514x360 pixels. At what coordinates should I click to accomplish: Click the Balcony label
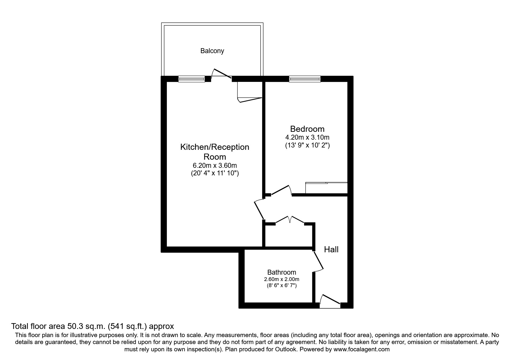point(212,51)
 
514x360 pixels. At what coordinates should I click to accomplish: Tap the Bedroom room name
point(307,129)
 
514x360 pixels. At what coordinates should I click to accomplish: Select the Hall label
point(331,249)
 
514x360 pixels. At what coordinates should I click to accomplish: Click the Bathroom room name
point(282,272)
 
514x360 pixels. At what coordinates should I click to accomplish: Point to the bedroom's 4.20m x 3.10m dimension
point(307,137)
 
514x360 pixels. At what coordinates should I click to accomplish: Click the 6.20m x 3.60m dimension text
point(215,166)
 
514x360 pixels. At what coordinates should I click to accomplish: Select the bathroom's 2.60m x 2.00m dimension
point(282,279)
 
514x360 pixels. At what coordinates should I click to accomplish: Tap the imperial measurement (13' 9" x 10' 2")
point(307,145)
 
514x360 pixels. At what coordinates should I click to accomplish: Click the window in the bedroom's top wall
point(305,79)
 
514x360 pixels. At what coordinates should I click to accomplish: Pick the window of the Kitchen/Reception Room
point(192,79)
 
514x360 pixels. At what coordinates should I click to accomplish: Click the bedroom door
point(281,190)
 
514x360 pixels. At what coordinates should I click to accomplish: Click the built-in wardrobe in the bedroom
point(327,188)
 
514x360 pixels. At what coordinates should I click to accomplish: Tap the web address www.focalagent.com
point(362,349)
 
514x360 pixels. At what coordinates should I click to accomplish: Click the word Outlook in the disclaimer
point(286,349)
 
